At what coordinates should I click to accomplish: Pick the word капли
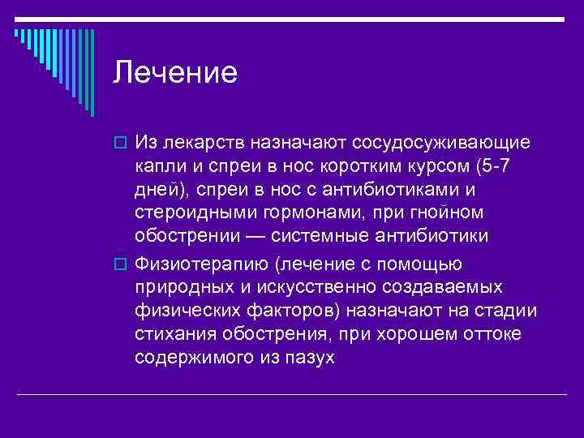pyautogui.click(x=160, y=167)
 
